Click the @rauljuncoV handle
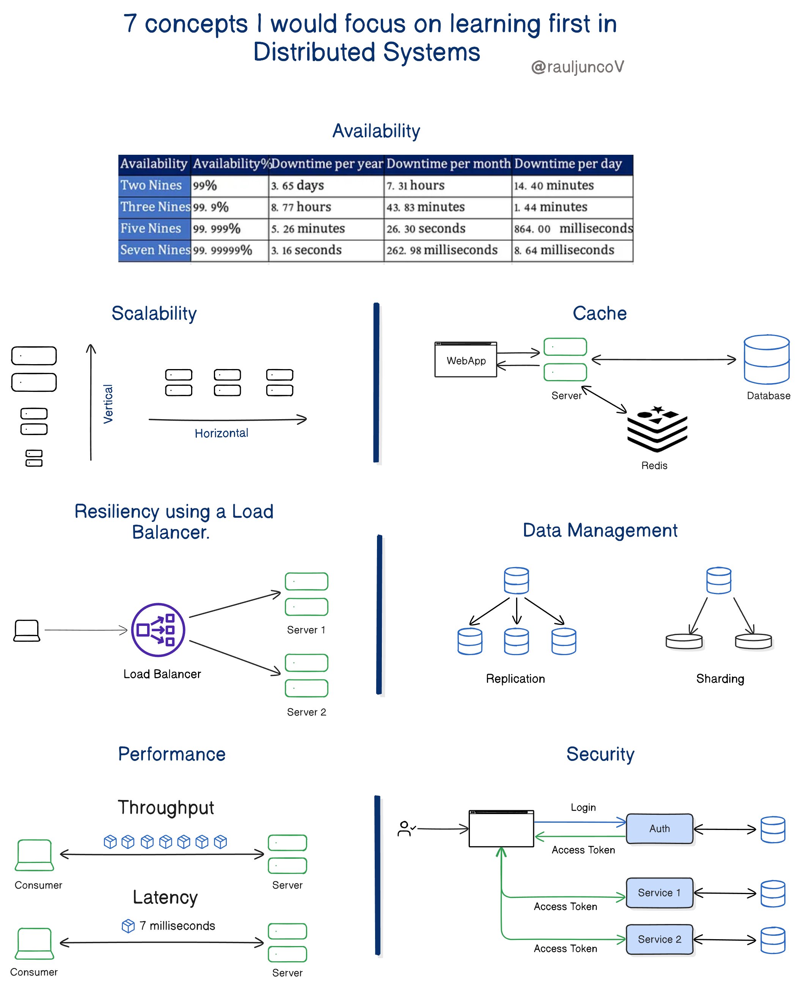(577, 67)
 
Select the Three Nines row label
(155, 207)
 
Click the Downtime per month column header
(448, 164)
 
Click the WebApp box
(465, 360)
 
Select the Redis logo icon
(657, 428)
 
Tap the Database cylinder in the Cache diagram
(766, 360)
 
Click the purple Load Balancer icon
(158, 629)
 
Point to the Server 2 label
(306, 712)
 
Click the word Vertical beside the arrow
(108, 404)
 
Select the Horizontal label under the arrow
(221, 433)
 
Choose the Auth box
(659, 828)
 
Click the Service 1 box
(659, 893)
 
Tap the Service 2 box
(659, 939)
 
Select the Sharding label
(720, 679)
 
